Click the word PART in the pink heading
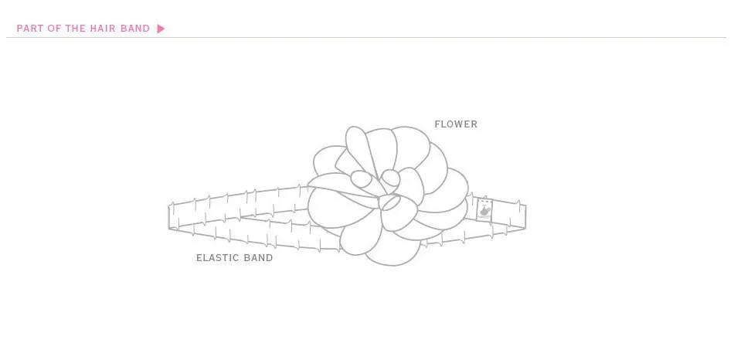click(x=29, y=29)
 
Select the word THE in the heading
click(x=76, y=29)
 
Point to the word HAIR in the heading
click(x=103, y=29)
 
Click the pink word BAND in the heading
click(x=135, y=29)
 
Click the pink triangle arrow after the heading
click(x=161, y=29)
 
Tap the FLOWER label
click(x=456, y=124)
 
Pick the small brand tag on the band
click(x=484, y=209)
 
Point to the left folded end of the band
click(x=170, y=216)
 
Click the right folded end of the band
click(x=525, y=216)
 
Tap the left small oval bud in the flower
click(x=361, y=179)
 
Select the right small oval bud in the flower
click(x=391, y=178)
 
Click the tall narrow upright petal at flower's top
click(x=358, y=147)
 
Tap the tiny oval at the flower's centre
click(x=389, y=202)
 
